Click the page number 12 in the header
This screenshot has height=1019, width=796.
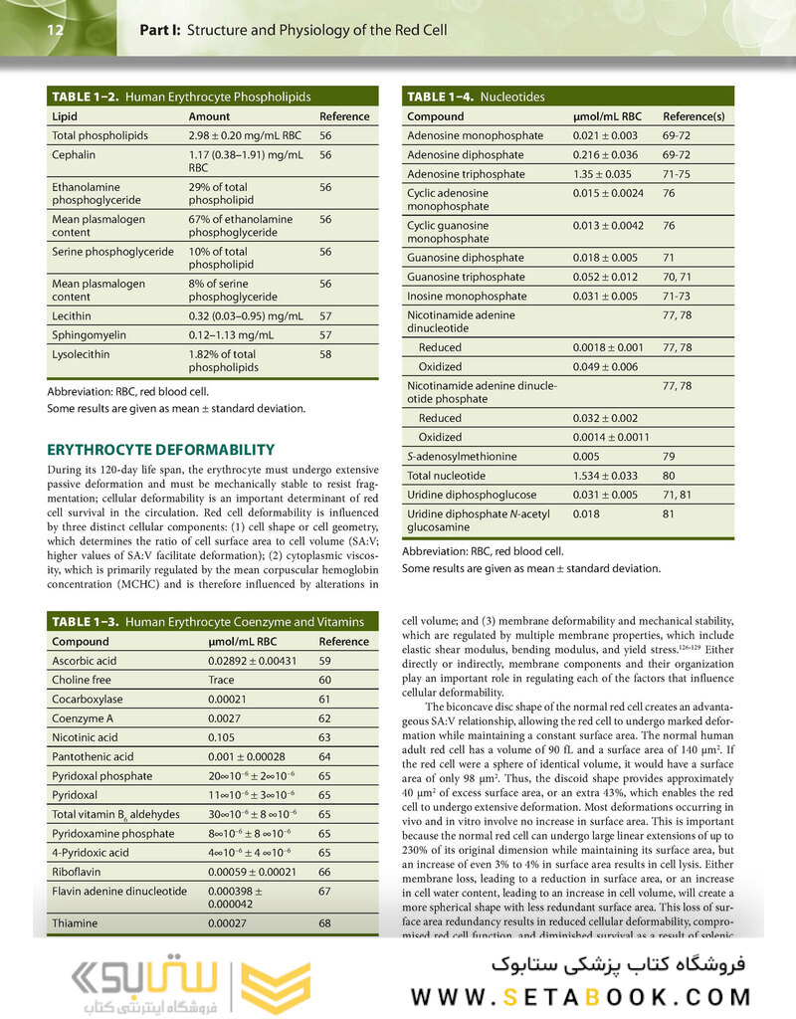tap(55, 30)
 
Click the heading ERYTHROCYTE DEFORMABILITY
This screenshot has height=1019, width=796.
tap(161, 449)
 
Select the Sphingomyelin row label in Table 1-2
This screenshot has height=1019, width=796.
tap(88, 335)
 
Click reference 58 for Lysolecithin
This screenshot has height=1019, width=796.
tap(325, 354)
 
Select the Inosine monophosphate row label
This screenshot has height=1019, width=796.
tap(467, 297)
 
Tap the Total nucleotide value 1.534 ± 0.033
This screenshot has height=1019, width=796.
tap(608, 476)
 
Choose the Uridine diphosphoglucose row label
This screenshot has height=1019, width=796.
tap(472, 495)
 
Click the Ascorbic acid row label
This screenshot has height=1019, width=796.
tap(86, 660)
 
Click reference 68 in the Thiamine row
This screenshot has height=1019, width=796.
tap(325, 923)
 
